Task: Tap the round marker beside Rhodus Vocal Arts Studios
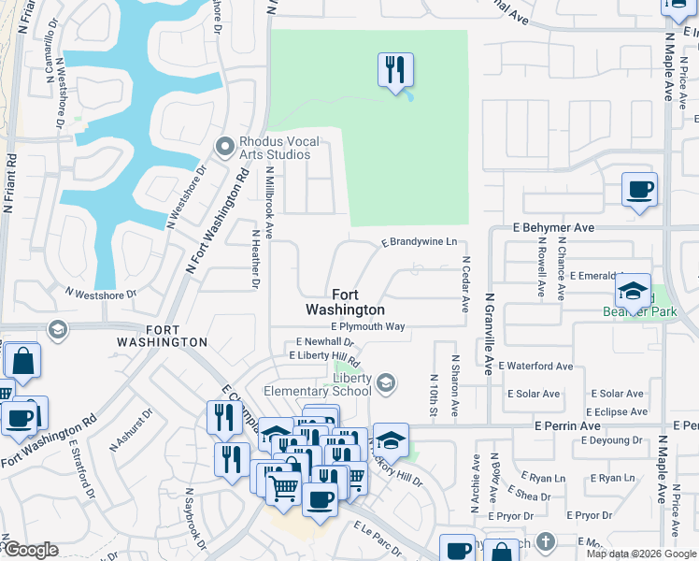224,147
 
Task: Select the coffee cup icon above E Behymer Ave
639,191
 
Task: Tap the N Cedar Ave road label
464,285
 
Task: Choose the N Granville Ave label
488,334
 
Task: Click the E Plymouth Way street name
367,326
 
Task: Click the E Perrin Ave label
567,425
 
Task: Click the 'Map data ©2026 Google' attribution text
641,554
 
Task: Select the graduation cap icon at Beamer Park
633,292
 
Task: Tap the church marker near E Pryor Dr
546,541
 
